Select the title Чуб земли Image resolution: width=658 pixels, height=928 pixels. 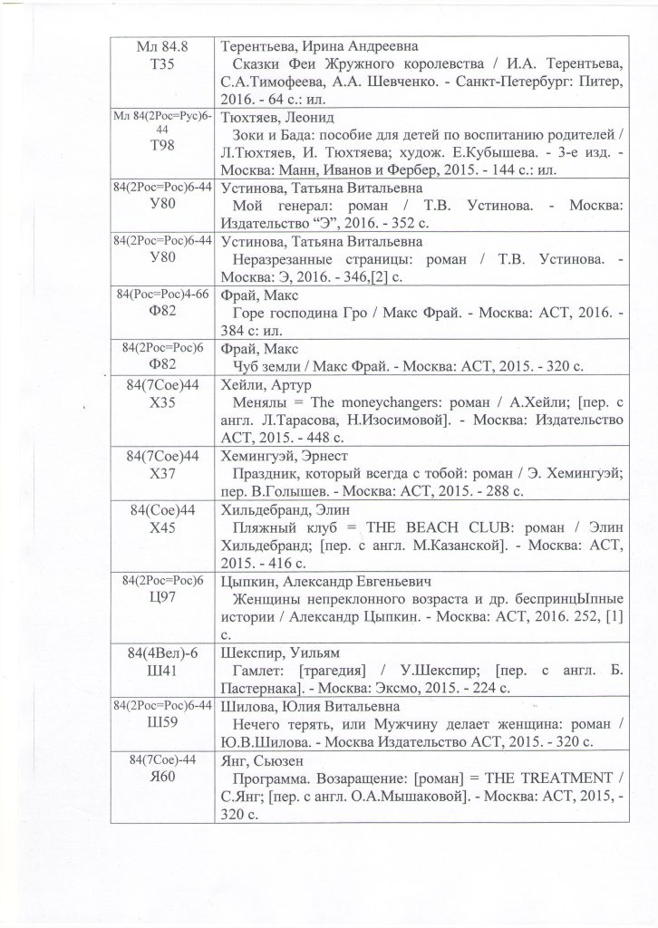(271, 365)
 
